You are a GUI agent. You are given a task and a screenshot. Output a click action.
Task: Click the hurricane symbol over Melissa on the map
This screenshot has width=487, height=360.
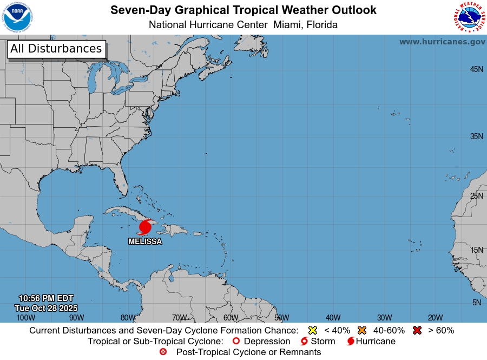145,227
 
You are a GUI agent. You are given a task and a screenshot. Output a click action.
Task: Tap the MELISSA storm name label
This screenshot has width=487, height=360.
145,241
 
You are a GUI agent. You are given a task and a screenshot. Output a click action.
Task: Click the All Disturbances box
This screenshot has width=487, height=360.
56,49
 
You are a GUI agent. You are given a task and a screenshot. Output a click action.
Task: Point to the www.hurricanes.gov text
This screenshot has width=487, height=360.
442,42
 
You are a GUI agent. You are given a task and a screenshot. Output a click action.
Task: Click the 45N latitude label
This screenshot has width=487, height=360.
476,69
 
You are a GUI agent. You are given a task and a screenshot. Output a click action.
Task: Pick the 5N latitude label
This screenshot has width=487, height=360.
476,303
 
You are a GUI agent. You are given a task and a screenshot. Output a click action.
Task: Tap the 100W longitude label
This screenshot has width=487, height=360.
25,318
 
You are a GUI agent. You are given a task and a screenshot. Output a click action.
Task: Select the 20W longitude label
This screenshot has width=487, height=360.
436,318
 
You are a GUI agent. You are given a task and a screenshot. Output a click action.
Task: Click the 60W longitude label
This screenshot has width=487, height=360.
231,318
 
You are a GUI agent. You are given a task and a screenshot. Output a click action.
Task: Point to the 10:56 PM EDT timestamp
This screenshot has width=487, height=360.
46,298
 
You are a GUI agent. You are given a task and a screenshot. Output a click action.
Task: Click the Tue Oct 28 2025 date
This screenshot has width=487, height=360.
46,307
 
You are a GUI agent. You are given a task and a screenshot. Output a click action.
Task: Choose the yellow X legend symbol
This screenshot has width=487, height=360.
312,330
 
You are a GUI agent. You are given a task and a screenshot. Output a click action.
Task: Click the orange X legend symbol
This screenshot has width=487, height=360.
362,330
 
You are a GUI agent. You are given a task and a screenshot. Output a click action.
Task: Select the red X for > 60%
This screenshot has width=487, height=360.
417,330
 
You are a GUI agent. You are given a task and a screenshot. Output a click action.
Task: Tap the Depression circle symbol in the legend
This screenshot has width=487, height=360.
236,342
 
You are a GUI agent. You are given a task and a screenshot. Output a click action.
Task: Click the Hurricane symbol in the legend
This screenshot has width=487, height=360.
351,342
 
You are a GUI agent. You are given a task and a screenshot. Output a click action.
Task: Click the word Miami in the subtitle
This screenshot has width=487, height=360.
288,25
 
